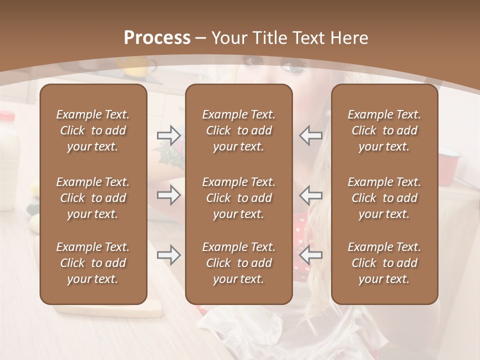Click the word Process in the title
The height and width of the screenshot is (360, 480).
157,38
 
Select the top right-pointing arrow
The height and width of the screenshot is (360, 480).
169,135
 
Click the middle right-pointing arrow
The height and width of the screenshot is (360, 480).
169,195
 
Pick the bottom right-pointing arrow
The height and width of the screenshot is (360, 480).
169,255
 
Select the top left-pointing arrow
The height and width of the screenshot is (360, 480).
310,135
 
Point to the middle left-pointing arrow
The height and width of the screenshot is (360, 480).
310,195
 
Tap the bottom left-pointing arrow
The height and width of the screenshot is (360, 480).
310,255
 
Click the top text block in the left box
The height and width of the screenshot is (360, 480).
93,130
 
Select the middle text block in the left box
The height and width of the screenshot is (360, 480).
93,198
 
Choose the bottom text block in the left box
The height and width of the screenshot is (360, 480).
93,263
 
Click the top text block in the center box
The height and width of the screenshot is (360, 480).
238,130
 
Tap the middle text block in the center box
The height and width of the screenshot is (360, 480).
238,198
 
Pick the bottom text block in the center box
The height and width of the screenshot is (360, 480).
238,263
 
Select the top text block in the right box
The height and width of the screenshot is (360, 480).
384,130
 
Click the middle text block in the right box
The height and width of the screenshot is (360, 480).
384,198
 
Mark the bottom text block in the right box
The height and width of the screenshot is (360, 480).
384,263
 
